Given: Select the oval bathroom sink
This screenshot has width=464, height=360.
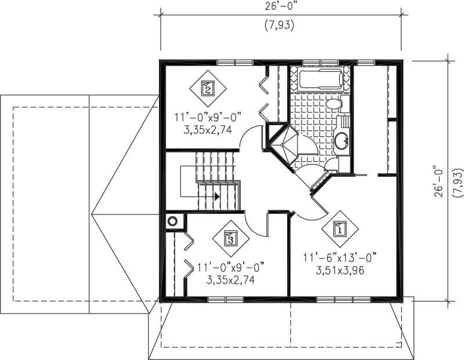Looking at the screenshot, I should [x=340, y=140].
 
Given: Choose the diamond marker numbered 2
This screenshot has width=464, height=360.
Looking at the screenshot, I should [x=208, y=88].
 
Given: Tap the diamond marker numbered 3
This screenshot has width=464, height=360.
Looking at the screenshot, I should [x=230, y=238].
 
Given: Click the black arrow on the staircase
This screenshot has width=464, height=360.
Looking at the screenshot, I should [x=217, y=197].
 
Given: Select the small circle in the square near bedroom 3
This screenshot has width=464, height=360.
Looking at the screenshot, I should [x=172, y=221].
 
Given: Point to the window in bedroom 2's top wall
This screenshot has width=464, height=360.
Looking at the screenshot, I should [x=234, y=61].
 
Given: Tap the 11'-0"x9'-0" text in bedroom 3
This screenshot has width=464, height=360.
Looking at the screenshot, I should [x=230, y=267].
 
